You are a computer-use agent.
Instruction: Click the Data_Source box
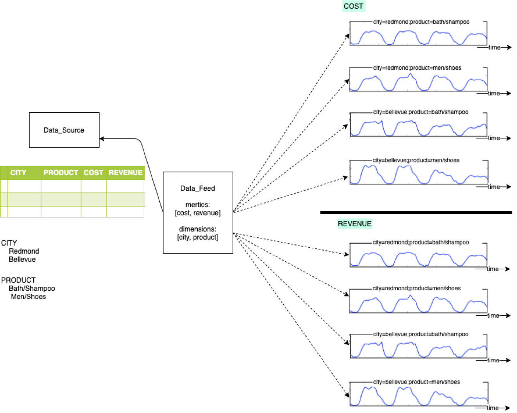point(64,130)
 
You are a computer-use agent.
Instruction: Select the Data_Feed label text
point(197,188)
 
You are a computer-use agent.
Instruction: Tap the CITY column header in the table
point(18,173)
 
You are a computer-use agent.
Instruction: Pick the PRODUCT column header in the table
point(60,173)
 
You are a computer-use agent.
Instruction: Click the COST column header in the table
point(93,173)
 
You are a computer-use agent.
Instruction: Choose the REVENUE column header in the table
point(125,173)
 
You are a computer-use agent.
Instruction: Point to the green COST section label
point(353,6)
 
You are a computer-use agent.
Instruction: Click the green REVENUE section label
point(354,224)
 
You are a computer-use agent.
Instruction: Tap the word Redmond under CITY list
point(24,251)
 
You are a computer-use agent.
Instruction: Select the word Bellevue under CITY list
point(22,259)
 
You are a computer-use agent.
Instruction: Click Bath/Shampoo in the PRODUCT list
point(32,288)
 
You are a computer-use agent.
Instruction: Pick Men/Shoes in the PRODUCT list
point(28,296)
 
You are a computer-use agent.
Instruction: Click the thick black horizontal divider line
point(415,212)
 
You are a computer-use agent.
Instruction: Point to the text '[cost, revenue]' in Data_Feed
point(197,213)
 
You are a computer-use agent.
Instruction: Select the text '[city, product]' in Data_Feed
point(197,237)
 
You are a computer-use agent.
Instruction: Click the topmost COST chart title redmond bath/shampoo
point(421,22)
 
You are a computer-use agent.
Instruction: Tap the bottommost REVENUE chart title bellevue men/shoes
point(416,382)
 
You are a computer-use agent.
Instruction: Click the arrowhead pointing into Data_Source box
point(102,139)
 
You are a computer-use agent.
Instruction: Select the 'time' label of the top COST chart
point(494,47)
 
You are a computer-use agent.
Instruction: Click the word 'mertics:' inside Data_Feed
point(197,205)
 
